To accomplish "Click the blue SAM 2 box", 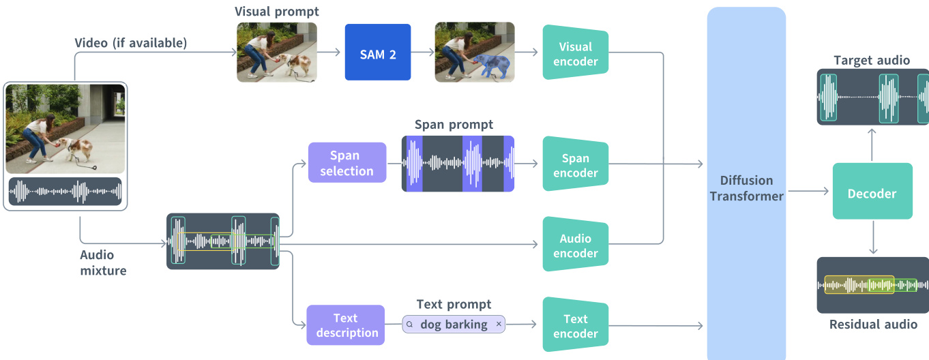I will point(378,52).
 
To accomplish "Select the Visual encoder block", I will point(575,53).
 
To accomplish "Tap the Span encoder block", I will point(575,165).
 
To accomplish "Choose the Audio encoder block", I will point(575,245).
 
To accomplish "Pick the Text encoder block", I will point(575,326).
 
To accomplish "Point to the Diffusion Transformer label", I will point(746,188).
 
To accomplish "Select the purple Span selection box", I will point(346,163).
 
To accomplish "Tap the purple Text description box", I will point(346,325).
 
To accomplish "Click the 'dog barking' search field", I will point(453,325).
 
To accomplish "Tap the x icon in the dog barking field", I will point(499,325).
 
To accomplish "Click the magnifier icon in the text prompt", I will point(409,325).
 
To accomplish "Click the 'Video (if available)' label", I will point(130,43).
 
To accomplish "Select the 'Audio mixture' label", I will point(103,262).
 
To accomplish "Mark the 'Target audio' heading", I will point(872,60).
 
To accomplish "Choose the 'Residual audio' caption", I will point(873,325).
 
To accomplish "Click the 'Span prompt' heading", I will point(454,125).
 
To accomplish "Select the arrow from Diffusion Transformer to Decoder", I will point(809,192).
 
